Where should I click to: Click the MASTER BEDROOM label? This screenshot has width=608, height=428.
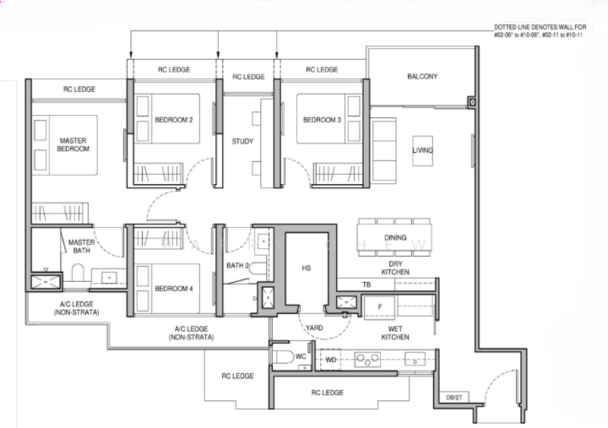[72, 144]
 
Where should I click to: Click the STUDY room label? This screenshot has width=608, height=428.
[242, 141]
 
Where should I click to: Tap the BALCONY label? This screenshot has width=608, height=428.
[422, 78]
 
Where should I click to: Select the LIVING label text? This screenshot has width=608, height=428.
[422, 151]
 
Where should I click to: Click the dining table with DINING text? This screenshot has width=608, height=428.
[394, 238]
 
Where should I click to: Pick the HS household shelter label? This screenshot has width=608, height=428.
[306, 268]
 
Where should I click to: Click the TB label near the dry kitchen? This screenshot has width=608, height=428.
[366, 284]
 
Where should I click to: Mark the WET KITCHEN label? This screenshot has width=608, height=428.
[395, 332]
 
